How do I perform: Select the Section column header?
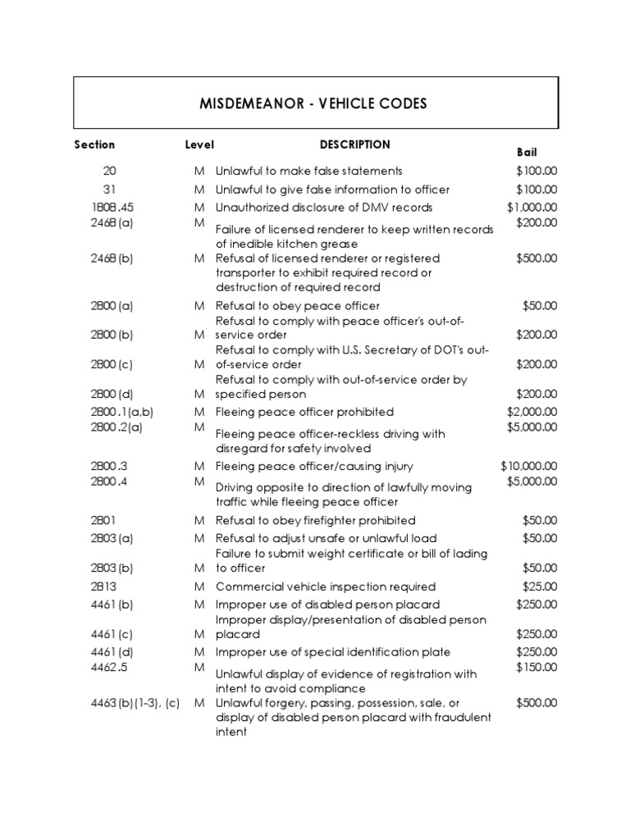[94, 144]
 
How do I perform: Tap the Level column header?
[199, 144]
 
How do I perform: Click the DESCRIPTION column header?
[354, 144]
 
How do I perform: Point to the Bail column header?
[526, 153]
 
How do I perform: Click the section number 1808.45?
[112, 208]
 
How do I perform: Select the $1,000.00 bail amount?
[532, 208]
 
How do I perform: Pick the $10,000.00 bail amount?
[529, 466]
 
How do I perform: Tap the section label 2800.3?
[108, 466]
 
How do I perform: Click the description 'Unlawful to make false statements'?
[308, 171]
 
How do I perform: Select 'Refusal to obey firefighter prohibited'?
[315, 520]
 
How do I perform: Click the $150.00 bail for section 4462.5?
[536, 667]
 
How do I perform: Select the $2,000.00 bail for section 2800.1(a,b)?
[532, 412]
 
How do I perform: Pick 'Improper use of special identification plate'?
[332, 652]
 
